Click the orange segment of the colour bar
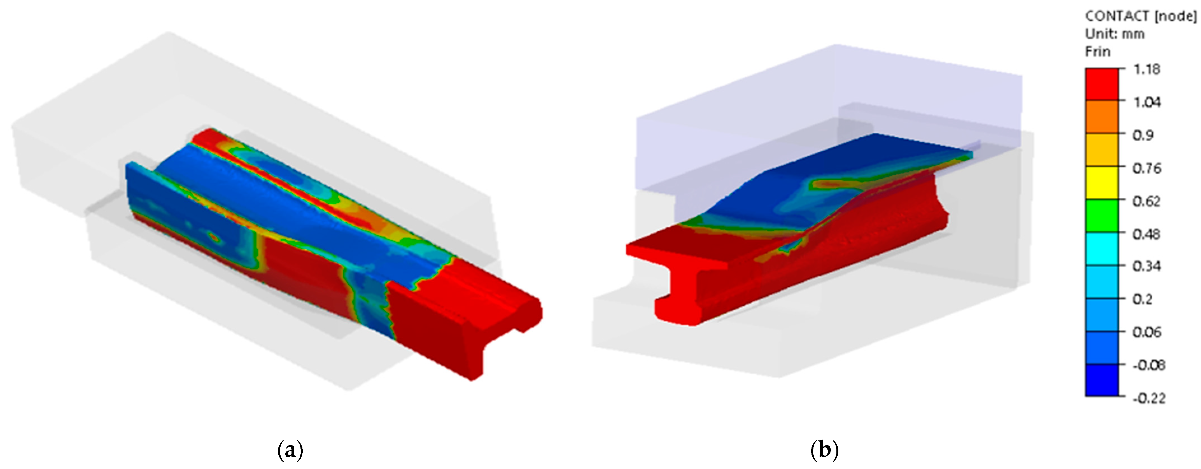[1102, 116]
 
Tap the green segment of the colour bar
[1102, 215]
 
